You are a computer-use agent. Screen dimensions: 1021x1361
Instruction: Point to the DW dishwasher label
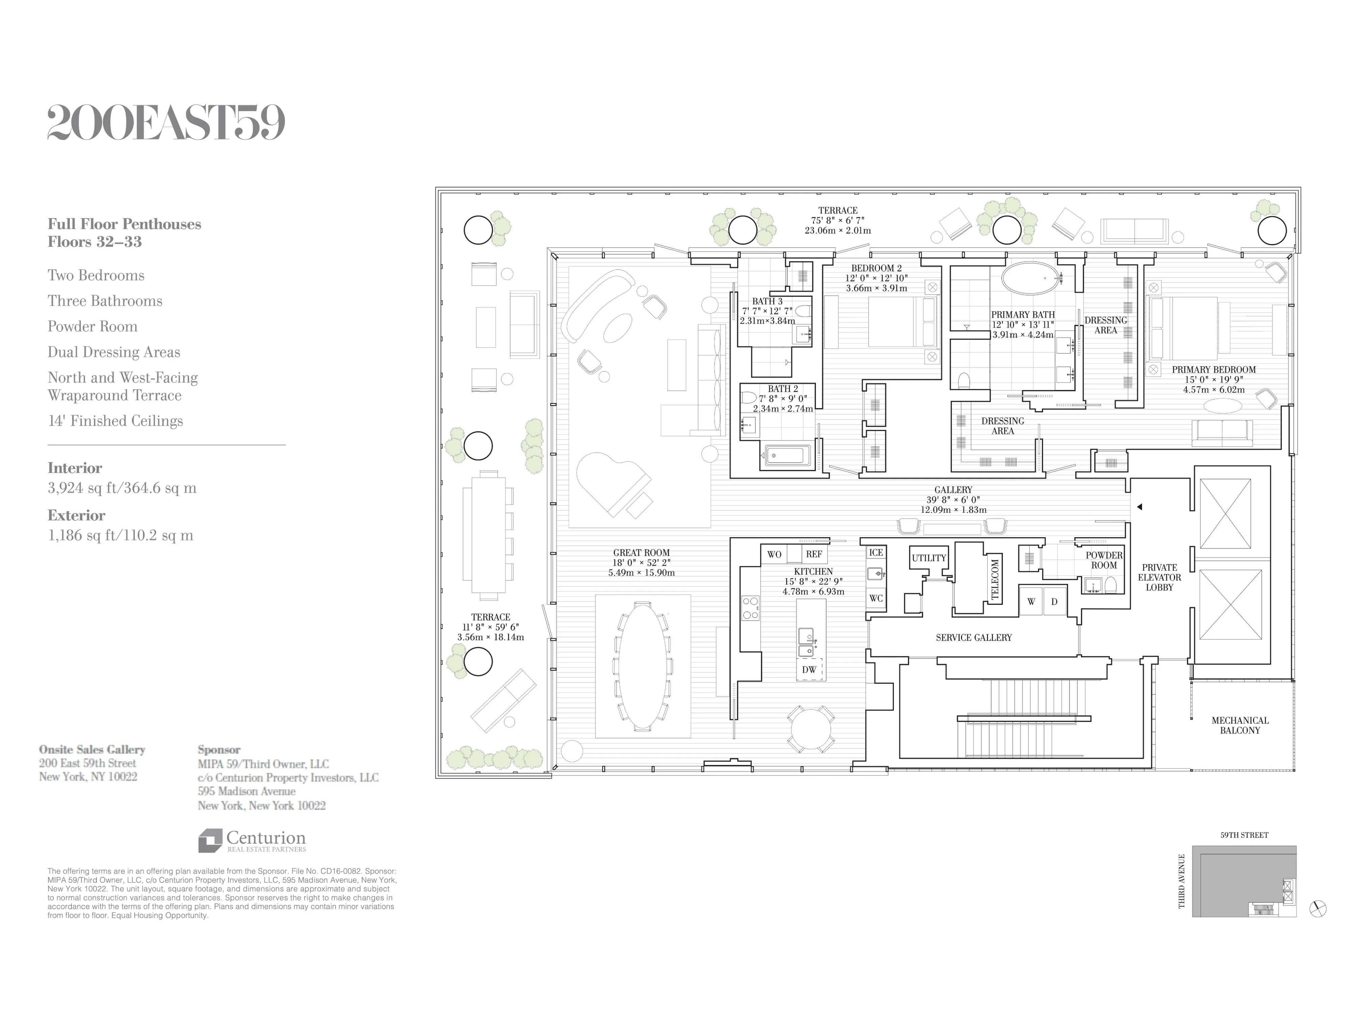point(809,670)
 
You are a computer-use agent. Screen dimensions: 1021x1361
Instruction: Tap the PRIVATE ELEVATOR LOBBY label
point(1159,577)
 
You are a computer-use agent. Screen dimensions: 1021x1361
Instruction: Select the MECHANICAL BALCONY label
point(1240,725)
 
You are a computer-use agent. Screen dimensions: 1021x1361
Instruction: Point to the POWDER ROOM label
point(1104,560)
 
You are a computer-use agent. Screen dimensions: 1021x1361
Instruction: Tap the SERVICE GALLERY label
point(973,637)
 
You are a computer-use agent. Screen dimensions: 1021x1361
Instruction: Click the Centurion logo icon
point(210,840)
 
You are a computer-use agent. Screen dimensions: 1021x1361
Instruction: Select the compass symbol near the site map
point(1317,908)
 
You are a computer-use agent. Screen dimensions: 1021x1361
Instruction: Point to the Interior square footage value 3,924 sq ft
point(122,488)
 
